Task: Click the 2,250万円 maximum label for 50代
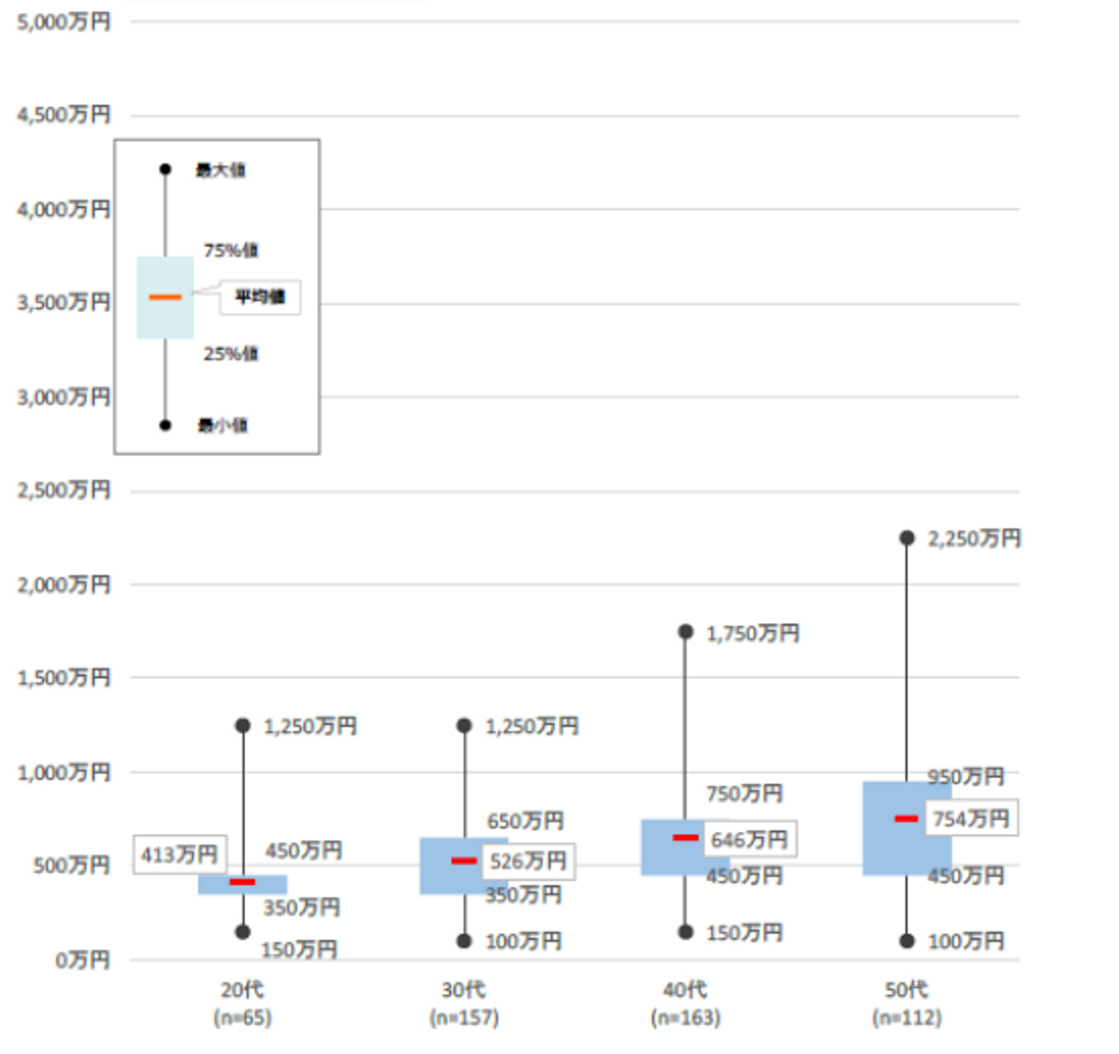[974, 538]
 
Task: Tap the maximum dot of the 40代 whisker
[685, 631]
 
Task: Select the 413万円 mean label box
[180, 854]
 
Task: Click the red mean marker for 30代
[464, 861]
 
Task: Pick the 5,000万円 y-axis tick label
[64, 22]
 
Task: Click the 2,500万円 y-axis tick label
[64, 490]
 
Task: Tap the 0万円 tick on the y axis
[82, 961]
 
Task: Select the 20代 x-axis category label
[242, 990]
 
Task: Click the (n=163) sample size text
[685, 1017]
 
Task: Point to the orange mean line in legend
[165, 297]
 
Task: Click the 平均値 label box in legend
[260, 297]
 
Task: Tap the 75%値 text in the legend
[231, 250]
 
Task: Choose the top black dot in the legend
[166, 169]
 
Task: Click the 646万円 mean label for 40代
[749, 840]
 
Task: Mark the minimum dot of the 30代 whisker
[464, 941]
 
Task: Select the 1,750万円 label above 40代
[752, 634]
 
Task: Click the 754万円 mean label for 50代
[971, 819]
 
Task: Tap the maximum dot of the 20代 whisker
[242, 725]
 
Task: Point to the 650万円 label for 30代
[525, 820]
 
